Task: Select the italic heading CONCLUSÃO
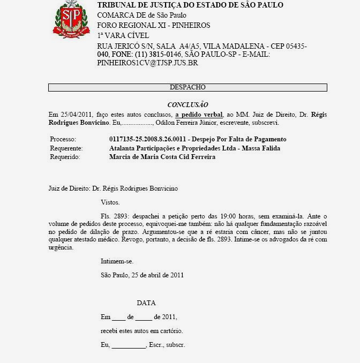tap(187, 105)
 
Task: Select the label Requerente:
tap(65, 148)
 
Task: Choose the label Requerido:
tap(64, 157)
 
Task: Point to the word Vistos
tap(110, 202)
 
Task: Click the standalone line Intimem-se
tap(117, 262)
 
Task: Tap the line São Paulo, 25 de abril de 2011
tap(142, 275)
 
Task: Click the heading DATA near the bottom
tap(146, 303)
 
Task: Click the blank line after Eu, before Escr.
tap(129, 346)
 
